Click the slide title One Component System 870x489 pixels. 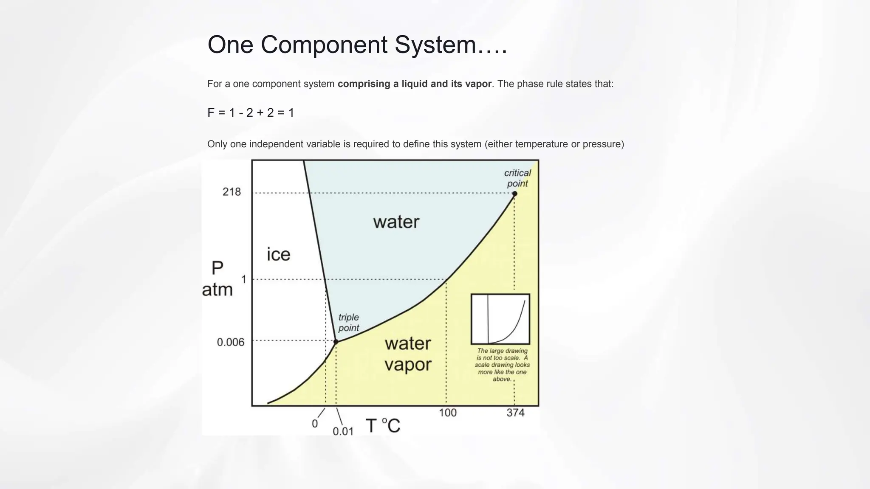click(357, 45)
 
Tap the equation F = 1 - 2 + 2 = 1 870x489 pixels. click(251, 112)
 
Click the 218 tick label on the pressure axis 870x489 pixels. click(232, 192)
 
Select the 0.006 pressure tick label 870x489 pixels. click(231, 342)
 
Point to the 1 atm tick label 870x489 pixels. click(243, 279)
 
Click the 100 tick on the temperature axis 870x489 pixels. click(447, 413)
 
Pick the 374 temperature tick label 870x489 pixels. click(515, 413)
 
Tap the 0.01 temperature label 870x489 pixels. click(343, 431)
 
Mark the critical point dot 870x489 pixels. click(514, 194)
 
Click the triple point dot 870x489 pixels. click(336, 341)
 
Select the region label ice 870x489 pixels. click(279, 254)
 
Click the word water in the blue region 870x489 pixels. click(396, 222)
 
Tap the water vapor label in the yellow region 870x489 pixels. click(408, 354)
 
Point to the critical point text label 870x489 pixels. click(517, 178)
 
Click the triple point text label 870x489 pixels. click(348, 323)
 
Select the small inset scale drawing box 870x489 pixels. click(500, 319)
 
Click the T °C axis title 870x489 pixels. click(383, 425)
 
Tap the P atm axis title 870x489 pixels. click(217, 279)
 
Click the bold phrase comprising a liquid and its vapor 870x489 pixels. click(414, 84)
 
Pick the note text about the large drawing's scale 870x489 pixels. click(502, 365)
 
